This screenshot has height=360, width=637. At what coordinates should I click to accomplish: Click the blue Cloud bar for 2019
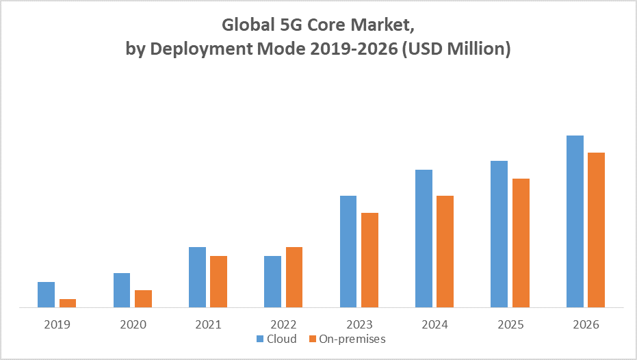click(46, 295)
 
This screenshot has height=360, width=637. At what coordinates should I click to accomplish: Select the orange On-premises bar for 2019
click(68, 303)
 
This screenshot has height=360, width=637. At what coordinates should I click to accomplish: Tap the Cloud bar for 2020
click(122, 290)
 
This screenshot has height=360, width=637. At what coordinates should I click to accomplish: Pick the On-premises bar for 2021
click(218, 282)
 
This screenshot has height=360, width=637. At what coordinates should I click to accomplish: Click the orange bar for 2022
click(294, 277)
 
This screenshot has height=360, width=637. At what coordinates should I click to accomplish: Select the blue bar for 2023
click(348, 252)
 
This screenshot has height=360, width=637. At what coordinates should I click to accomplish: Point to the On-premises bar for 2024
click(445, 252)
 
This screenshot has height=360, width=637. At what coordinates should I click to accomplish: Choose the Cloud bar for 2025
click(499, 234)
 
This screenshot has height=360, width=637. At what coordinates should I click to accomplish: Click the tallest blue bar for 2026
click(575, 222)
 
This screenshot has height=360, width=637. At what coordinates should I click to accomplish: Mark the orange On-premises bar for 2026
click(597, 230)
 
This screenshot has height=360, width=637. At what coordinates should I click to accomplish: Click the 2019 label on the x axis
click(57, 324)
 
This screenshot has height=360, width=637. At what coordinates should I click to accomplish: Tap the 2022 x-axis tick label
click(283, 324)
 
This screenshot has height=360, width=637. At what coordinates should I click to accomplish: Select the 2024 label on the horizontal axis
click(434, 324)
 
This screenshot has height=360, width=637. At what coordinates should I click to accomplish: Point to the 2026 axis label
click(586, 324)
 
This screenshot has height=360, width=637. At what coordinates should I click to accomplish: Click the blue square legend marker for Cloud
click(260, 339)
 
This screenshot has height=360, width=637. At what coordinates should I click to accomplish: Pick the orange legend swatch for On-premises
click(313, 339)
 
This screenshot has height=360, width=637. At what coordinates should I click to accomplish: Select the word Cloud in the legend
click(282, 339)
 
